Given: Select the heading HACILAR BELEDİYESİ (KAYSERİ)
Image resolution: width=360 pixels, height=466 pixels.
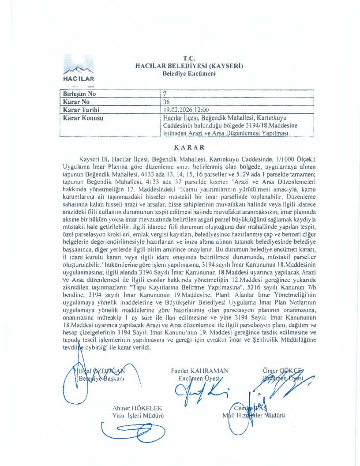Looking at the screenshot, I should (189, 66).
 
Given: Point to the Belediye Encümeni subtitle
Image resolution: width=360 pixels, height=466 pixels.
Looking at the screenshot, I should (189, 74).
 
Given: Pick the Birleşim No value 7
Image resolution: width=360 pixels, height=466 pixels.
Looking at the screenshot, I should (165, 94).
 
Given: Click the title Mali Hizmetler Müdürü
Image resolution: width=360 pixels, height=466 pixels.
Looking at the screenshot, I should (254, 416).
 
